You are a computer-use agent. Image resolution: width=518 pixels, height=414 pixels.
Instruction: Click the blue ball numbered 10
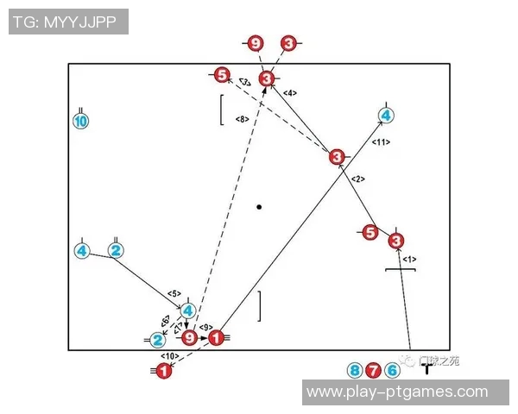pos(80,122)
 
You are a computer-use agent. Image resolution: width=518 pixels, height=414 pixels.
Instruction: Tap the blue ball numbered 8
pos(354,371)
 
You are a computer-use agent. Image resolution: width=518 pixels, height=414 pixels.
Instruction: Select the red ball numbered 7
pos(373,371)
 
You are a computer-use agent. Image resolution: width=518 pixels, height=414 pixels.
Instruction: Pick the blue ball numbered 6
pos(392,371)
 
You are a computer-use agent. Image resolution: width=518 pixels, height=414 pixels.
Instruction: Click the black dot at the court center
pos(259,207)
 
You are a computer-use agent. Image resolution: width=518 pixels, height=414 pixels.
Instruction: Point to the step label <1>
pos(409,259)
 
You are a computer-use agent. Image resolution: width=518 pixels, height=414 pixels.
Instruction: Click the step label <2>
pos(359,179)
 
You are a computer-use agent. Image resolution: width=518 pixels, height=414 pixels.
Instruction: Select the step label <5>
pos(174,294)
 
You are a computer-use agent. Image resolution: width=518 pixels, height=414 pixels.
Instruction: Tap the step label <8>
pos(243,119)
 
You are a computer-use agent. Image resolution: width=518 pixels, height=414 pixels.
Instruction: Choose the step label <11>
pos(381,141)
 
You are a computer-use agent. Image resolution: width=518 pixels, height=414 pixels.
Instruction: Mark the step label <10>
pos(169,355)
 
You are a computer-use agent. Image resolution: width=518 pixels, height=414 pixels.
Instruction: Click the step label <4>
pos(290,92)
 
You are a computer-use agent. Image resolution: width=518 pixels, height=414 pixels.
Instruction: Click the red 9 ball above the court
pos(255,43)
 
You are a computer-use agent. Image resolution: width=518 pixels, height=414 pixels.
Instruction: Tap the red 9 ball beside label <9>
pos(189,337)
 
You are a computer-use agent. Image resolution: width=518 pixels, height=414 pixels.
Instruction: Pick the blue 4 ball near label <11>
pos(386,115)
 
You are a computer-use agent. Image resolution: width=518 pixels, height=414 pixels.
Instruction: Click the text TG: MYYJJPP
pos(66,22)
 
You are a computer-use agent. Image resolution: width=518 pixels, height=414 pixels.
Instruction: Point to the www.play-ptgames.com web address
pos(397,392)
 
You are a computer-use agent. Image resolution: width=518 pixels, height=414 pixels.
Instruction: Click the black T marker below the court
pos(426,368)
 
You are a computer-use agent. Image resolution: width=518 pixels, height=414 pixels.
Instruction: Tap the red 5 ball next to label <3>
pos(222,76)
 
